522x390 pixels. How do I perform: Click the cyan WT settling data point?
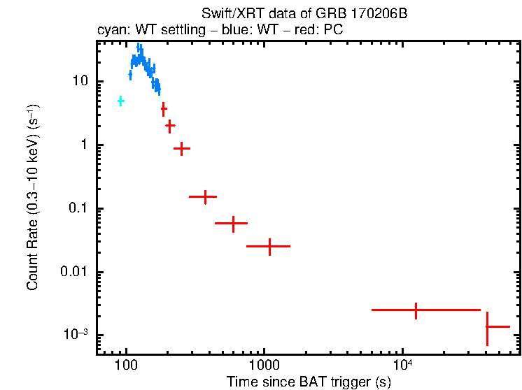tap(120, 101)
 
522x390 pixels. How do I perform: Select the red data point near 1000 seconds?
tap(269, 246)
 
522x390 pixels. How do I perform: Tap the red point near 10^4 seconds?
tap(416, 310)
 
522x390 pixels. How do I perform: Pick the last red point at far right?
tap(488, 326)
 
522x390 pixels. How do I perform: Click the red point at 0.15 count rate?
tap(204, 197)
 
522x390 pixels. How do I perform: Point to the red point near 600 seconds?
tap(233, 223)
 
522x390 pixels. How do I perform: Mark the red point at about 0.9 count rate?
tap(182, 148)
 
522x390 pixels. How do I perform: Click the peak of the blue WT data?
tap(139, 48)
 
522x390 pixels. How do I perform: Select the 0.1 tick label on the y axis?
tap(79, 208)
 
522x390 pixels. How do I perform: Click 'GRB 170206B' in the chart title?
tap(363, 14)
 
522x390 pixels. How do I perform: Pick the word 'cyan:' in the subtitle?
tap(110, 31)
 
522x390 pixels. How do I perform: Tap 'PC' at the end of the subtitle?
tap(333, 31)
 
